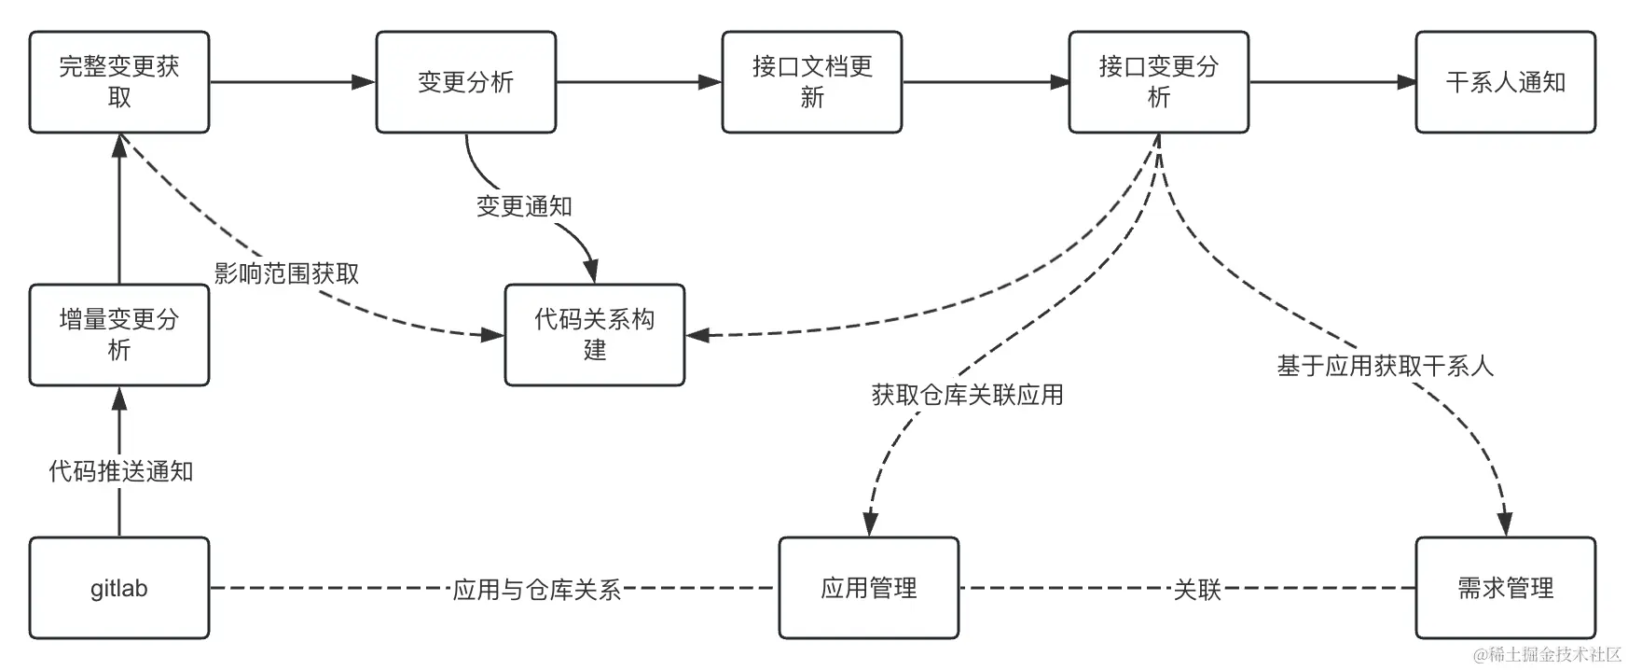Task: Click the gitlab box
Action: [119, 588]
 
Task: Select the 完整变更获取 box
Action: [119, 82]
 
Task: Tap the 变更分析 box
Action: [466, 82]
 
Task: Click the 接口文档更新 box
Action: [812, 82]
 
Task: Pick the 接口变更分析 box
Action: [1158, 82]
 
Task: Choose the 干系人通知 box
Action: [1505, 82]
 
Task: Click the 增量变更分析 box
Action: [119, 335]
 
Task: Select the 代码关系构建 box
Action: [595, 335]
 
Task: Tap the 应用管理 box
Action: [869, 588]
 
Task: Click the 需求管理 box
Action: [1505, 588]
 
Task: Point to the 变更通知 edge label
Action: [524, 206]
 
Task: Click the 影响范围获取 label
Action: [286, 273]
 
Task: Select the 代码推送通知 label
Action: [120, 471]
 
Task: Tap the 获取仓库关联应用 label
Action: [967, 395]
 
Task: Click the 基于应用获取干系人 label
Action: [1385, 367]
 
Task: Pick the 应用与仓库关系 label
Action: [536, 590]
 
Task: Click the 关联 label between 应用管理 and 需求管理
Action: [1196, 590]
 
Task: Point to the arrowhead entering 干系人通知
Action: [1406, 82]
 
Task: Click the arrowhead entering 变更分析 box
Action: [365, 82]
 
